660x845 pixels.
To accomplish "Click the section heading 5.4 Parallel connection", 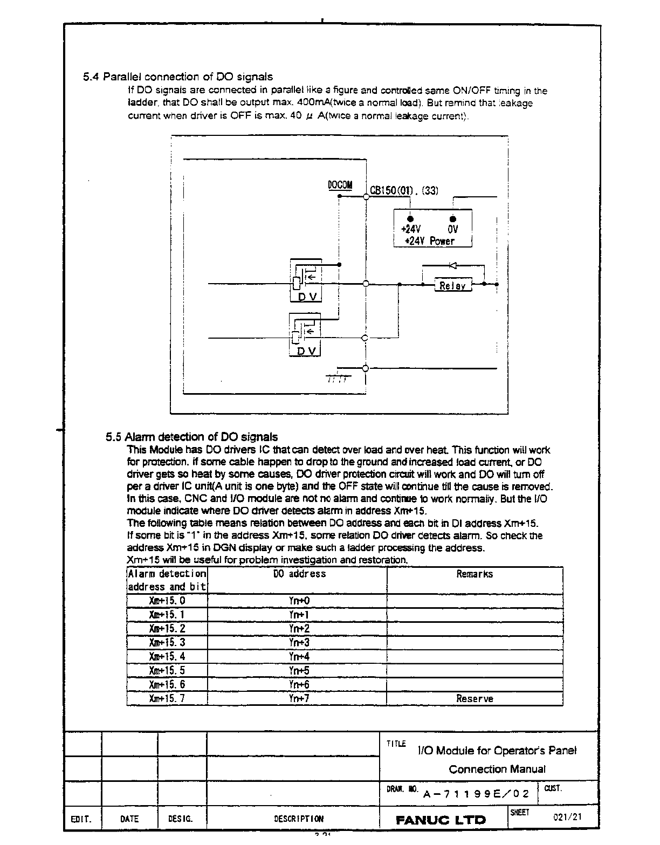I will pyautogui.click(x=178, y=77).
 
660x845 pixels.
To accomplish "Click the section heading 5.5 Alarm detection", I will pyautogui.click(x=192, y=437).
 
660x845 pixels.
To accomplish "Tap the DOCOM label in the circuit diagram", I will pyautogui.click(x=340, y=186).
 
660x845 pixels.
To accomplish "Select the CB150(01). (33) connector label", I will pyautogui.click(x=404, y=190).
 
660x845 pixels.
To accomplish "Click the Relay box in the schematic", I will pyautogui.click(x=453, y=285).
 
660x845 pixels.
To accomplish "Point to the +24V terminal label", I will pyautogui.click(x=411, y=229).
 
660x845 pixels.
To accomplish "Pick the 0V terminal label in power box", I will pyautogui.click(x=453, y=229).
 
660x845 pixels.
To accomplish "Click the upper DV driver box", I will pyautogui.click(x=306, y=280).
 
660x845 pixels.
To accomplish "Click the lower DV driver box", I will pyautogui.click(x=306, y=334).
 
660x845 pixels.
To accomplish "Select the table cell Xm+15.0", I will pyautogui.click(x=167, y=601).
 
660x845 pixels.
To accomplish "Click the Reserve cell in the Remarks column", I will pyautogui.click(x=475, y=698).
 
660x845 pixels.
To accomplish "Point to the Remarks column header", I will pyautogui.click(x=475, y=574).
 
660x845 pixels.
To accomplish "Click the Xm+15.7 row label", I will pyautogui.click(x=167, y=698).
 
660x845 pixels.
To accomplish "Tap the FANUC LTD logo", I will pyautogui.click(x=441, y=820).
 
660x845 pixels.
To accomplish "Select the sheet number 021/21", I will pyautogui.click(x=568, y=816).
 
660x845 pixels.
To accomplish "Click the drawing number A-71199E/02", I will pyautogui.click(x=477, y=794).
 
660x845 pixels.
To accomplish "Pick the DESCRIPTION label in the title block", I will pyautogui.click(x=299, y=819).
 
